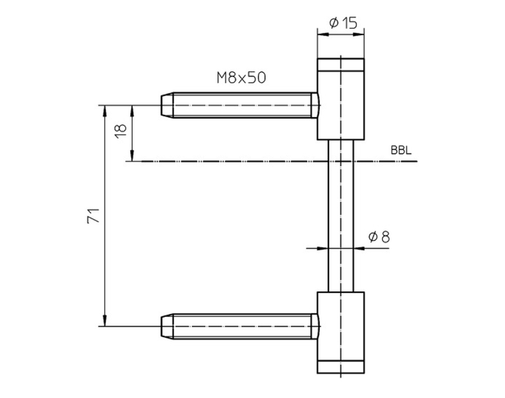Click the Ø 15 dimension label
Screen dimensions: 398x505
342,23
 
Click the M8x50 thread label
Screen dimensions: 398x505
241,77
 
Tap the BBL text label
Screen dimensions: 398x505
401,151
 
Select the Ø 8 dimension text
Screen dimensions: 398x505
379,237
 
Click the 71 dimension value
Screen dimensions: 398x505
94,216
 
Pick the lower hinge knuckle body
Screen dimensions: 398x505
340,326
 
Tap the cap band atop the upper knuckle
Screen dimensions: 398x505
340,64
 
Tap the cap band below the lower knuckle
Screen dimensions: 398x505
340,367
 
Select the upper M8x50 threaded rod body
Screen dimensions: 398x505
242,105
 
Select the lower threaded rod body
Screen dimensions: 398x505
242,326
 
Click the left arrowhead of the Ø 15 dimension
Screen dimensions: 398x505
322,34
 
